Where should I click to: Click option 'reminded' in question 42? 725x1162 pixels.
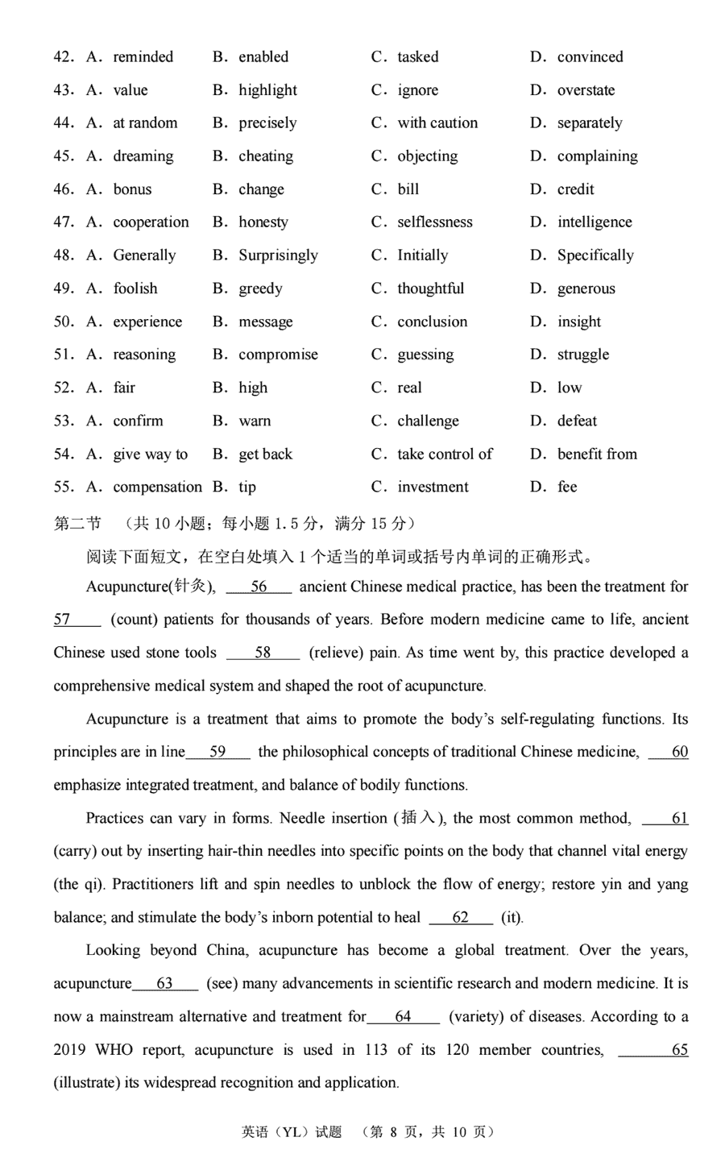pyautogui.click(x=143, y=57)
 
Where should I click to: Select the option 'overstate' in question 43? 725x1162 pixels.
pyautogui.click(x=586, y=90)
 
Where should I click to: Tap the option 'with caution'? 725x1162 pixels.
pyautogui.click(x=437, y=123)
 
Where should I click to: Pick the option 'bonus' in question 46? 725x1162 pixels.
pyautogui.click(x=132, y=189)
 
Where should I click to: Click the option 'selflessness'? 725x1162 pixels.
pyautogui.click(x=434, y=222)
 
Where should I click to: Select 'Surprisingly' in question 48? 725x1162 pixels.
pyautogui.click(x=278, y=255)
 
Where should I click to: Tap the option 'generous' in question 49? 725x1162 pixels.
pyautogui.click(x=586, y=288)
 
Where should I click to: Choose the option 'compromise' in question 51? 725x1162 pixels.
pyautogui.click(x=278, y=355)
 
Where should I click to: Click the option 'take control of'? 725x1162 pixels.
pyautogui.click(x=445, y=454)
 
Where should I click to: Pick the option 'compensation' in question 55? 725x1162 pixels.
pyautogui.click(x=157, y=487)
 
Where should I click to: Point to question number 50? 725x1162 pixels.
pyautogui.click(x=64, y=322)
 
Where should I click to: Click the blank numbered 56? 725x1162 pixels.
pyautogui.click(x=259, y=587)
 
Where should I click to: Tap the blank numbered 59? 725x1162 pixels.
pyautogui.click(x=217, y=752)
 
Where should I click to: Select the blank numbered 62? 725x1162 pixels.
pyautogui.click(x=461, y=917)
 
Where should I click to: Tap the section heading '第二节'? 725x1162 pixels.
pyautogui.click(x=77, y=525)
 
